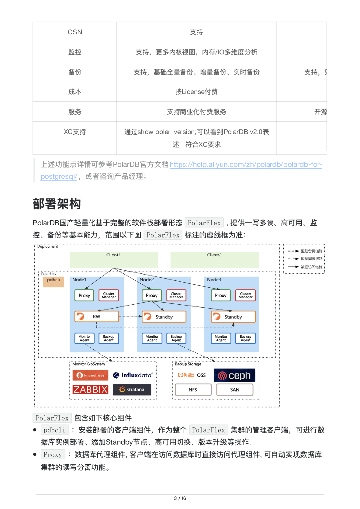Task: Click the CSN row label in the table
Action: click(75, 32)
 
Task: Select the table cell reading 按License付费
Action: click(196, 92)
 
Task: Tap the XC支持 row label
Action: click(75, 132)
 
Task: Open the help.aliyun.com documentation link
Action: click(246, 165)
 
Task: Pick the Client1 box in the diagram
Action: click(113, 259)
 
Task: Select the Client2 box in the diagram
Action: click(214, 259)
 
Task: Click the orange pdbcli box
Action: click(53, 282)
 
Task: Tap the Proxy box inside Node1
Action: click(84, 295)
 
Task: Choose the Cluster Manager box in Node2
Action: click(176, 295)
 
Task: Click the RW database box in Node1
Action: click(96, 317)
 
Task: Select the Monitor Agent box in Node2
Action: click(152, 339)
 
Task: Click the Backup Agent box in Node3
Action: click(245, 339)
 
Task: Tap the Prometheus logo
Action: click(90, 375)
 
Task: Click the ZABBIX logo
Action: click(90, 390)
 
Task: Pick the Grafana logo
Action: click(132, 390)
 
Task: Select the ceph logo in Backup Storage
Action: click(235, 375)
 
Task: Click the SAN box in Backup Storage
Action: click(235, 390)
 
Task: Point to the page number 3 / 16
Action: click(180, 499)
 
